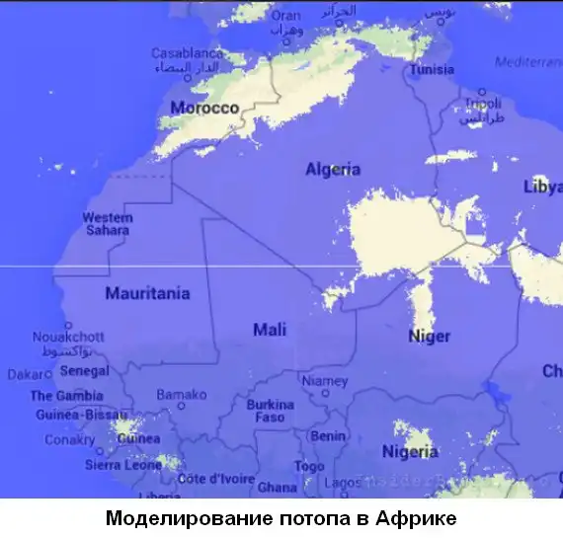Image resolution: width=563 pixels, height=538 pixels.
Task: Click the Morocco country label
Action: coord(204,108)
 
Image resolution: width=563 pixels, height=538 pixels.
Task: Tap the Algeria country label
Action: coord(332,170)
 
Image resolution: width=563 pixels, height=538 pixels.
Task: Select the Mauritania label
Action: coord(147,293)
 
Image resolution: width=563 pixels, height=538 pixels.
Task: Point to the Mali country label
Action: coord(270,330)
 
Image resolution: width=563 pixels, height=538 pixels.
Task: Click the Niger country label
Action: coord(429,337)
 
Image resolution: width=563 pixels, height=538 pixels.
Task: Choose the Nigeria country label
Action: coord(409,452)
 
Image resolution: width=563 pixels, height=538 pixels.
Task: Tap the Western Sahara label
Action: coord(107,223)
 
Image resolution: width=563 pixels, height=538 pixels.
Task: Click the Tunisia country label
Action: coord(432,70)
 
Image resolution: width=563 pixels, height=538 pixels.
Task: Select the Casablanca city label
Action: coord(186,53)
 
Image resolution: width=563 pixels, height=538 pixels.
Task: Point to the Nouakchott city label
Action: coord(68,337)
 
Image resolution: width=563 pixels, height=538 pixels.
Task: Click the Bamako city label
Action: coord(182,395)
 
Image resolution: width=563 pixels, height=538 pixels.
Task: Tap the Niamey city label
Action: coord(325,381)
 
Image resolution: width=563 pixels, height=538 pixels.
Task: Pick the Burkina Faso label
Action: coord(270,411)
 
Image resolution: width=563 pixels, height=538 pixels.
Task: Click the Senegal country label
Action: coord(84,371)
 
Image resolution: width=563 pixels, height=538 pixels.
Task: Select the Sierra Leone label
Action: coord(122,464)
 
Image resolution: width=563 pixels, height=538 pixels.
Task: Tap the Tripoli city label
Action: coord(482,103)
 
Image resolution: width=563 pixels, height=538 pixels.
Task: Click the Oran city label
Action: coord(285,16)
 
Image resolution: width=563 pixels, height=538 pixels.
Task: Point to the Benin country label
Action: coord(328,435)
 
